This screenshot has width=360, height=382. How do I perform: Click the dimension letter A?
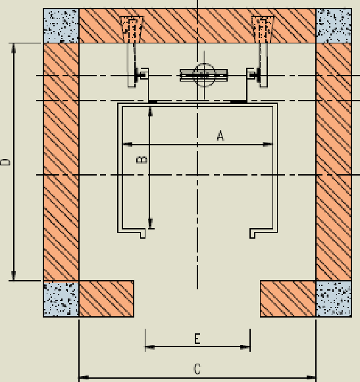[x=220, y=135]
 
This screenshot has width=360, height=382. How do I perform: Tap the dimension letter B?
[x=141, y=160]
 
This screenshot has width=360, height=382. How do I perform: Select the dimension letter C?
[x=197, y=369]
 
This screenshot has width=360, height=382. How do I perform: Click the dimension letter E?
[x=197, y=339]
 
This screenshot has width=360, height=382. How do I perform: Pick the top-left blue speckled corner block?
[x=61, y=26]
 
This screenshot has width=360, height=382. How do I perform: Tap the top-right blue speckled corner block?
[x=334, y=26]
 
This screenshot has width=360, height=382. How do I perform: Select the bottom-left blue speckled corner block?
[x=61, y=298]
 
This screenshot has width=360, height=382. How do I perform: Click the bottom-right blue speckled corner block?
[x=334, y=298]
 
